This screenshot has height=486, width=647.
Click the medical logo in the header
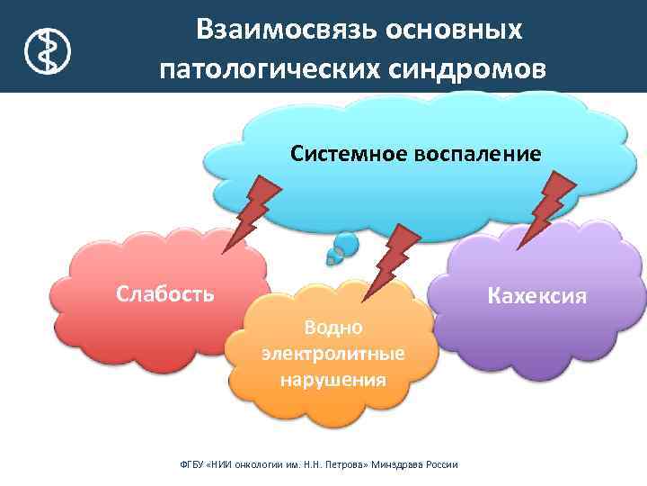click(44, 49)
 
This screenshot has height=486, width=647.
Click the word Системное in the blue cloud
click(349, 154)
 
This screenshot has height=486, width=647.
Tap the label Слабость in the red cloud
click(164, 292)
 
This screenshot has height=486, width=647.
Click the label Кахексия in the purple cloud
click(536, 295)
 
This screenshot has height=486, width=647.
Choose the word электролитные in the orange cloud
click(333, 352)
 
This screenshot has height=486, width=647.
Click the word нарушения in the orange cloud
click(333, 379)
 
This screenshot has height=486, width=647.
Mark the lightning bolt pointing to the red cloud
click(252, 211)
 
